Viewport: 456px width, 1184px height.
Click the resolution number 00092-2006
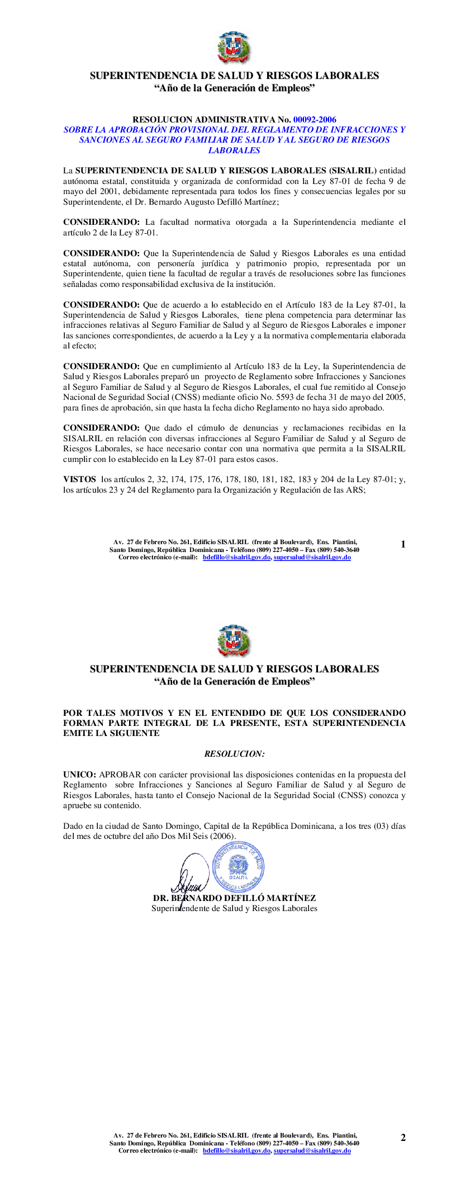(x=315, y=119)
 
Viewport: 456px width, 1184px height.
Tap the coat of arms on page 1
(x=234, y=48)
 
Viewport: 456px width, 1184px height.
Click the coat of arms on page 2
(x=234, y=641)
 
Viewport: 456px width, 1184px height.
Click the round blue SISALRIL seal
(x=239, y=867)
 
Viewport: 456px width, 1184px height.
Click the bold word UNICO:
(x=79, y=775)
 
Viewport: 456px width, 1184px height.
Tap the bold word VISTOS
(x=79, y=479)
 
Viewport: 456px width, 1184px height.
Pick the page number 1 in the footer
(x=403, y=544)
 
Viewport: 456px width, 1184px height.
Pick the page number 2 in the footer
(x=403, y=1138)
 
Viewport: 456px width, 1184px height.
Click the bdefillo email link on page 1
(x=236, y=558)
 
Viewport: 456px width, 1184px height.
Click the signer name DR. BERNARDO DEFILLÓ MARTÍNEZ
(x=234, y=898)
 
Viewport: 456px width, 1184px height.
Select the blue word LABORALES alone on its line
(x=234, y=150)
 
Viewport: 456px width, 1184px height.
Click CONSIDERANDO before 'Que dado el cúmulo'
(x=101, y=428)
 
